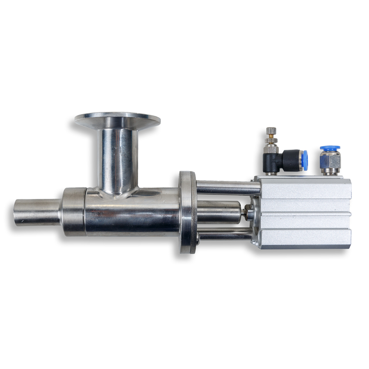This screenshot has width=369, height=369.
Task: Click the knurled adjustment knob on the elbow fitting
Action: (x=271, y=132)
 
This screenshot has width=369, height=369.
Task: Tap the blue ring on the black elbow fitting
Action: (x=304, y=160)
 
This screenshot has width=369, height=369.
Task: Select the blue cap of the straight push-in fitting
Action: (x=330, y=148)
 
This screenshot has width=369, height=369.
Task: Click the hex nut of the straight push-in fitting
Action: (x=330, y=161)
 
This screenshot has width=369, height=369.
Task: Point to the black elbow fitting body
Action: (x=287, y=161)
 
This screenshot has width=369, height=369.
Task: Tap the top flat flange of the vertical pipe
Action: (x=117, y=120)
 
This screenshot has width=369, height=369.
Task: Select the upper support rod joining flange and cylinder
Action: (x=228, y=187)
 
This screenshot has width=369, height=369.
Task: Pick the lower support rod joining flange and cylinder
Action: (x=225, y=235)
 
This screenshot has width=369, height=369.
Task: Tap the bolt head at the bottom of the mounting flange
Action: (x=198, y=238)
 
